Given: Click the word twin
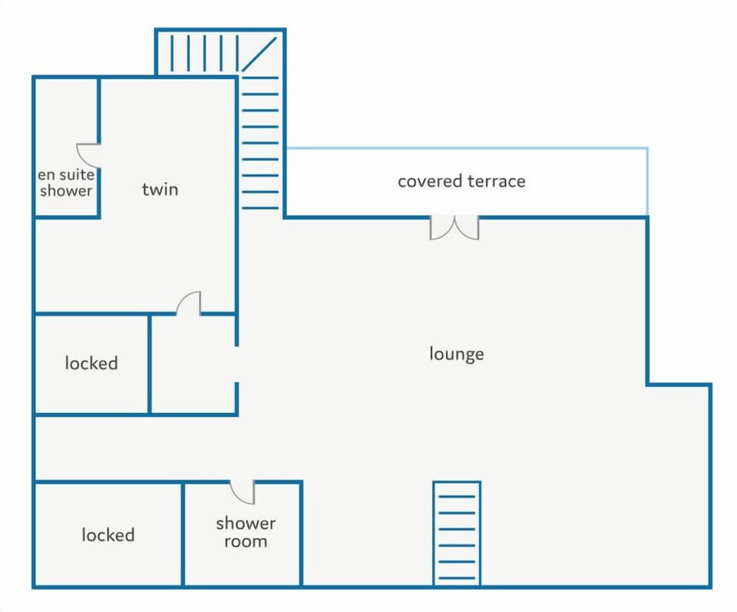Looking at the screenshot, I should click(x=160, y=189).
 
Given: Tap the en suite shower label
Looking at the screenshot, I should click(x=66, y=183).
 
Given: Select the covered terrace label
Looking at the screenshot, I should click(x=461, y=181).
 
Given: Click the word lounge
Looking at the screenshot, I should click(x=456, y=354).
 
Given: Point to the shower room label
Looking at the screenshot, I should click(x=246, y=532).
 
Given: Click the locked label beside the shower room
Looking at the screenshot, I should click(x=108, y=534).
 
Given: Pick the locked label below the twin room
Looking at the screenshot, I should click(x=91, y=362).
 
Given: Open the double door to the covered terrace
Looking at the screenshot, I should click(x=454, y=227).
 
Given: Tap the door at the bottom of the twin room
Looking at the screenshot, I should click(x=190, y=303).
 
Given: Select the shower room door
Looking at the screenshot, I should click(x=243, y=491).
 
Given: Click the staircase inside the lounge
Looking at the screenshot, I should click(x=457, y=533).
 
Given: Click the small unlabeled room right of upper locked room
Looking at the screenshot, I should click(x=193, y=365).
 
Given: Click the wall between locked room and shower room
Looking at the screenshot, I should click(x=183, y=534).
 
